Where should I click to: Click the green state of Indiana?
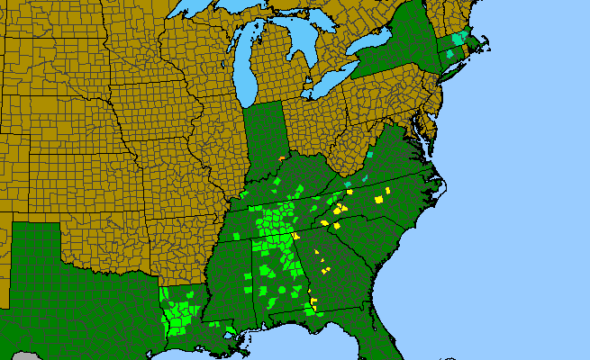266,135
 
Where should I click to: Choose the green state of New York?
396,58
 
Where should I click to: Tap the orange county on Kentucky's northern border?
282,158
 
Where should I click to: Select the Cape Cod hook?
487,41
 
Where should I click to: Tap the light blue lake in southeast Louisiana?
231,330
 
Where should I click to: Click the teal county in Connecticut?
449,55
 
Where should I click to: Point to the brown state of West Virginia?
351,148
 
